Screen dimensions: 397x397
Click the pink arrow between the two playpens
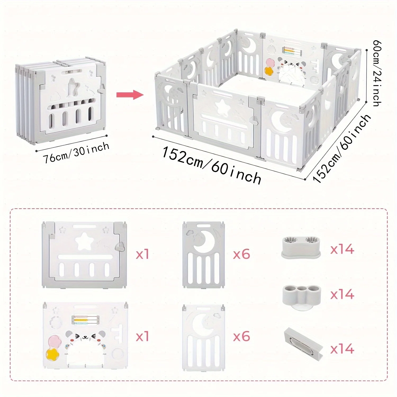130,94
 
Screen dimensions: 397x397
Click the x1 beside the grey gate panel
142,255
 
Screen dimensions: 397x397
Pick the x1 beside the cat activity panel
142,337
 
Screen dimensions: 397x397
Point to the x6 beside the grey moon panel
241,255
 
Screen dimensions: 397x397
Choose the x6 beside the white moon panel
241,337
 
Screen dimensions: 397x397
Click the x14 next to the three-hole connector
342,294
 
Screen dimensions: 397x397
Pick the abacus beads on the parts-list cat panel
80,320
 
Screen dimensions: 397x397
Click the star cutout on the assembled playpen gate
222,109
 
